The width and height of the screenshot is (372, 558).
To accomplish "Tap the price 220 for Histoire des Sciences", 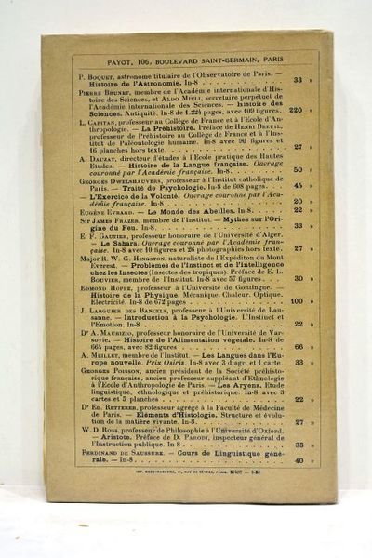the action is click(x=296, y=110).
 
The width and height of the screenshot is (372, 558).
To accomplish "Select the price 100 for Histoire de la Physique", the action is click(x=297, y=300).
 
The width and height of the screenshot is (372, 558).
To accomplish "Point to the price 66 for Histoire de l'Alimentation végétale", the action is click(x=298, y=346).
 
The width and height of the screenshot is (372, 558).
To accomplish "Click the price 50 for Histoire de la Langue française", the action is click(x=298, y=169).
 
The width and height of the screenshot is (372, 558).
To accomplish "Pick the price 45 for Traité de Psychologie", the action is click(x=298, y=184).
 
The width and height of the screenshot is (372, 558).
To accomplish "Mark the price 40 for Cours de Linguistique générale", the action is click(x=299, y=459).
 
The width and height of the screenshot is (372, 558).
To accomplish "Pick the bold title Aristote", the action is click(x=101, y=437).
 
